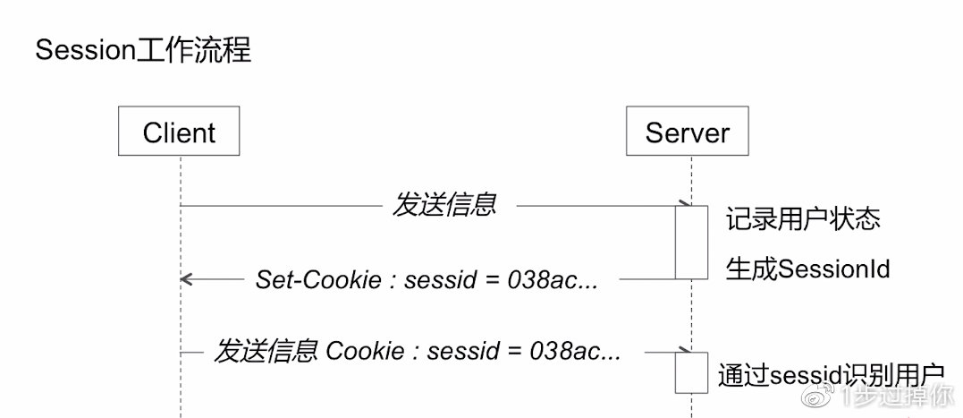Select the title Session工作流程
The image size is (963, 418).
point(143,50)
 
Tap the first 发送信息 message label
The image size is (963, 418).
point(443,205)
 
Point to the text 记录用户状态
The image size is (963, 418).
point(802,218)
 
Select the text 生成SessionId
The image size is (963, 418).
point(807,269)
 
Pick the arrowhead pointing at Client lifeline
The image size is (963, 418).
point(184,279)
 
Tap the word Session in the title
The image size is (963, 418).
point(86,50)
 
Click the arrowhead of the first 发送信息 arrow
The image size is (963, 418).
point(684,205)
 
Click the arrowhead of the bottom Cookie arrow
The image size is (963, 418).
point(684,351)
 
